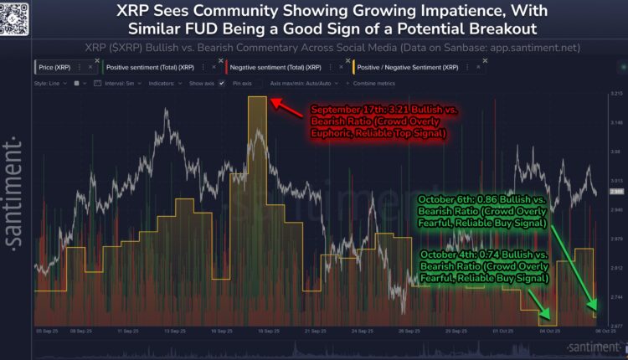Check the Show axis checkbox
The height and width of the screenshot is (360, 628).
221,84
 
